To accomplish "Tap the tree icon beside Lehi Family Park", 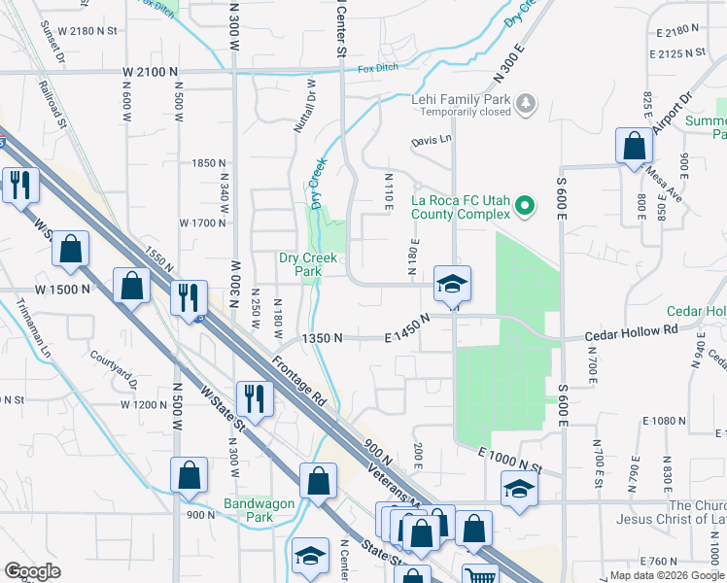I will coord(525,102).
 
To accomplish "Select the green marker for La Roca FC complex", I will coord(525,205).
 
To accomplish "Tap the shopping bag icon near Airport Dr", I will coord(634,146).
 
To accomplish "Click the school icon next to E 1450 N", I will coord(452,284).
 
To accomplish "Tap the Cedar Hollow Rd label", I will coord(631,331).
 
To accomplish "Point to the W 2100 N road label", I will coord(151,72).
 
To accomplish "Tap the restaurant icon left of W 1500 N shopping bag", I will coord(19,186).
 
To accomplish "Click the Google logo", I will coord(33,571).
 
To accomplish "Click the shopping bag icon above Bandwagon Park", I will coord(190,475).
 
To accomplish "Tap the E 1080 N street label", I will coord(664,420).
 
